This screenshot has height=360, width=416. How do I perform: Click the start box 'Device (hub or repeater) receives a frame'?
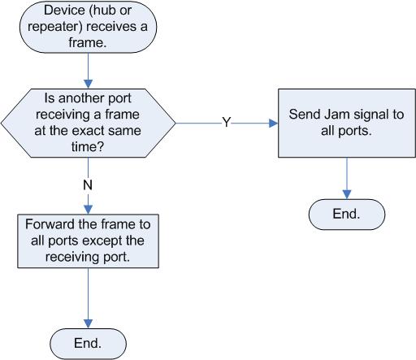pos(88,27)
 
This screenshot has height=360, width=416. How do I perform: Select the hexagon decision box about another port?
pos(89,123)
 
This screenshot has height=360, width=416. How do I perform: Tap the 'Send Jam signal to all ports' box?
pos(347,123)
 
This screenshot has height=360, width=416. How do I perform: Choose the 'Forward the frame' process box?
pos(88,241)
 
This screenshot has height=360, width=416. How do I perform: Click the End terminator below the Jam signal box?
pos(347,215)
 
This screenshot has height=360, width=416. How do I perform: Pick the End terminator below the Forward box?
pos(88,344)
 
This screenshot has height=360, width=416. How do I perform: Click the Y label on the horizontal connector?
pos(227,122)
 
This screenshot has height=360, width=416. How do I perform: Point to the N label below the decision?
pos(88,185)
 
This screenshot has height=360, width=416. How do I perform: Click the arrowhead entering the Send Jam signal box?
pos(274,124)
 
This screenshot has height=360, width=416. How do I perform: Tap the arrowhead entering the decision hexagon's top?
pos(89,84)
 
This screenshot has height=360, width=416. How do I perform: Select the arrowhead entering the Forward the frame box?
pos(89,210)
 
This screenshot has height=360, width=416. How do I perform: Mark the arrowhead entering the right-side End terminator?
pos(347,194)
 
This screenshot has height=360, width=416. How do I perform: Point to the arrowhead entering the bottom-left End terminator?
pos(89,323)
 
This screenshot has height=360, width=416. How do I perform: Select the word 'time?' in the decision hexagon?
pos(88,146)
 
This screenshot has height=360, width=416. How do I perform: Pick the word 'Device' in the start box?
pos(64,11)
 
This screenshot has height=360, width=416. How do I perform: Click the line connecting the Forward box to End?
pos(89,294)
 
